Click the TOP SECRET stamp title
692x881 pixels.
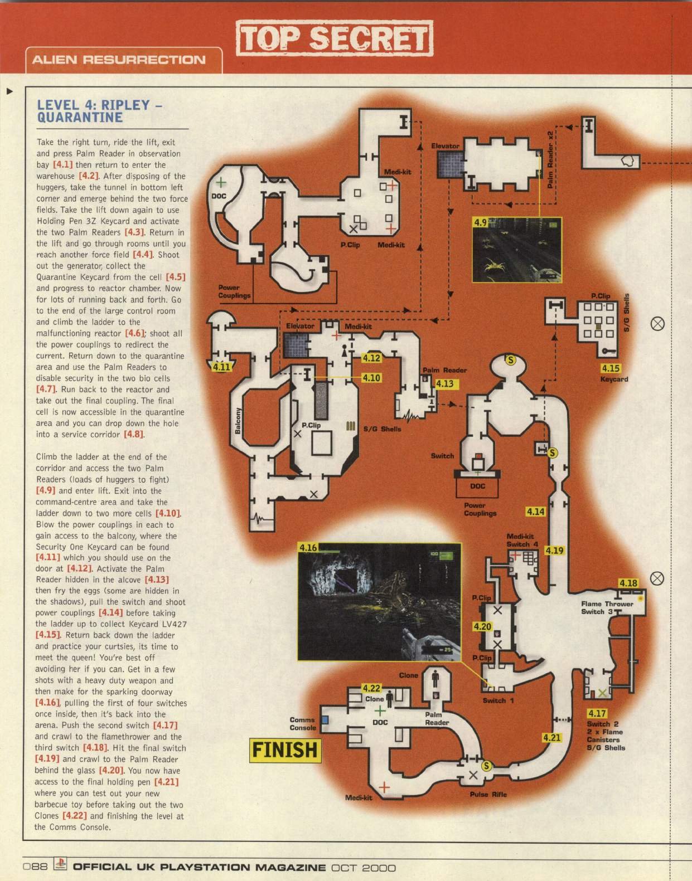[x=335, y=38]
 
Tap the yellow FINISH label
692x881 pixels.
[x=285, y=750]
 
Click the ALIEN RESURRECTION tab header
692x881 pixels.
[x=119, y=60]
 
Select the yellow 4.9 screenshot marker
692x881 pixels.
[x=480, y=222]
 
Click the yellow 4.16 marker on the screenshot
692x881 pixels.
[x=308, y=548]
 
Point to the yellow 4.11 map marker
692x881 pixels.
[x=221, y=367]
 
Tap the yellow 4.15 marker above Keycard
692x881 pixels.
[x=611, y=368]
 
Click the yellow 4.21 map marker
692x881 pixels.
[x=551, y=737]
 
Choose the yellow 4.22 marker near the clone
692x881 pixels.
[x=371, y=688]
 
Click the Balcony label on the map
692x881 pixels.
[x=239, y=420]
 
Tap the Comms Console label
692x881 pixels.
[x=302, y=723]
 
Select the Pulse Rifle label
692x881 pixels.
[x=488, y=794]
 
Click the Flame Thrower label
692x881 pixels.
[x=607, y=603]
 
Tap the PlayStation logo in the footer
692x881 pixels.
[x=60, y=864]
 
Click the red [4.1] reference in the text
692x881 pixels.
[x=63, y=165]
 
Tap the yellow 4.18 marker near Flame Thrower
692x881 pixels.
[x=628, y=583]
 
